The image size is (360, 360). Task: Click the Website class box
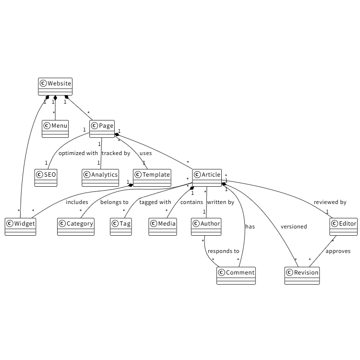[55, 86]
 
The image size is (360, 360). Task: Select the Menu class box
[55, 129]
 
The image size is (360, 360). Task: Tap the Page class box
[102, 129]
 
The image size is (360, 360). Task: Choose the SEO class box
[46, 178]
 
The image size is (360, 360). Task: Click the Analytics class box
[100, 178]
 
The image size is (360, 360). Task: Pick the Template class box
[152, 178]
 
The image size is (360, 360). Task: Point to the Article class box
[207, 178]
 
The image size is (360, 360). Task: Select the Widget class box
[20, 227]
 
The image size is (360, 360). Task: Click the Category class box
[76, 227]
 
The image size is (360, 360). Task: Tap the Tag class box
[120, 227]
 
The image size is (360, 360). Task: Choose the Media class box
[163, 227]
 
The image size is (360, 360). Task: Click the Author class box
[206, 227]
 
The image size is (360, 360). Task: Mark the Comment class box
[236, 276]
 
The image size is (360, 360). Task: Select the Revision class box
[302, 276]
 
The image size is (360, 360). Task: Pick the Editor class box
[344, 227]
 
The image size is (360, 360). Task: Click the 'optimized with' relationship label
[78, 154]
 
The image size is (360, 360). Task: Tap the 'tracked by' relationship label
[116, 154]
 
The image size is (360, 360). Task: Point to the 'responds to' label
[223, 251]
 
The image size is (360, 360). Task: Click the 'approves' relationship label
[338, 251]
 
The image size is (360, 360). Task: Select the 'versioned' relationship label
[294, 227]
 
